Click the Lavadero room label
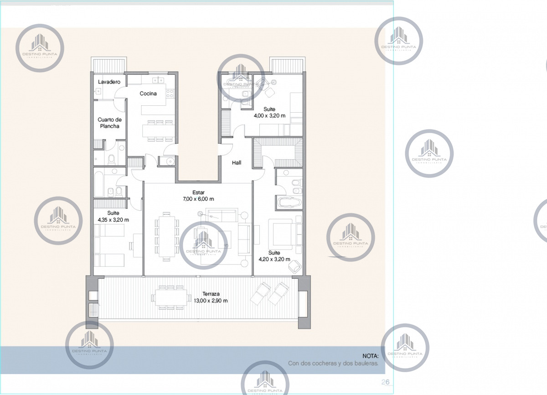pos(109,81)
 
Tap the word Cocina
pos(148,94)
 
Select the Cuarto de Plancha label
pos(109,123)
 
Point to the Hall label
pos(237,162)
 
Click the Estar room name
pos(198,192)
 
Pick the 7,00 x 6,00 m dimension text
pos(198,199)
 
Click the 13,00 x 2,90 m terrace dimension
pos(210,301)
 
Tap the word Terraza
pos(210,294)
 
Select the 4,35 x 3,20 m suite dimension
pos(113,220)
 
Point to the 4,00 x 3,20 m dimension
pos(269,116)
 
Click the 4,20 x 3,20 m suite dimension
pos(274,260)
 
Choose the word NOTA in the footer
pos(370,355)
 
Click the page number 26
pos(385,382)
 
